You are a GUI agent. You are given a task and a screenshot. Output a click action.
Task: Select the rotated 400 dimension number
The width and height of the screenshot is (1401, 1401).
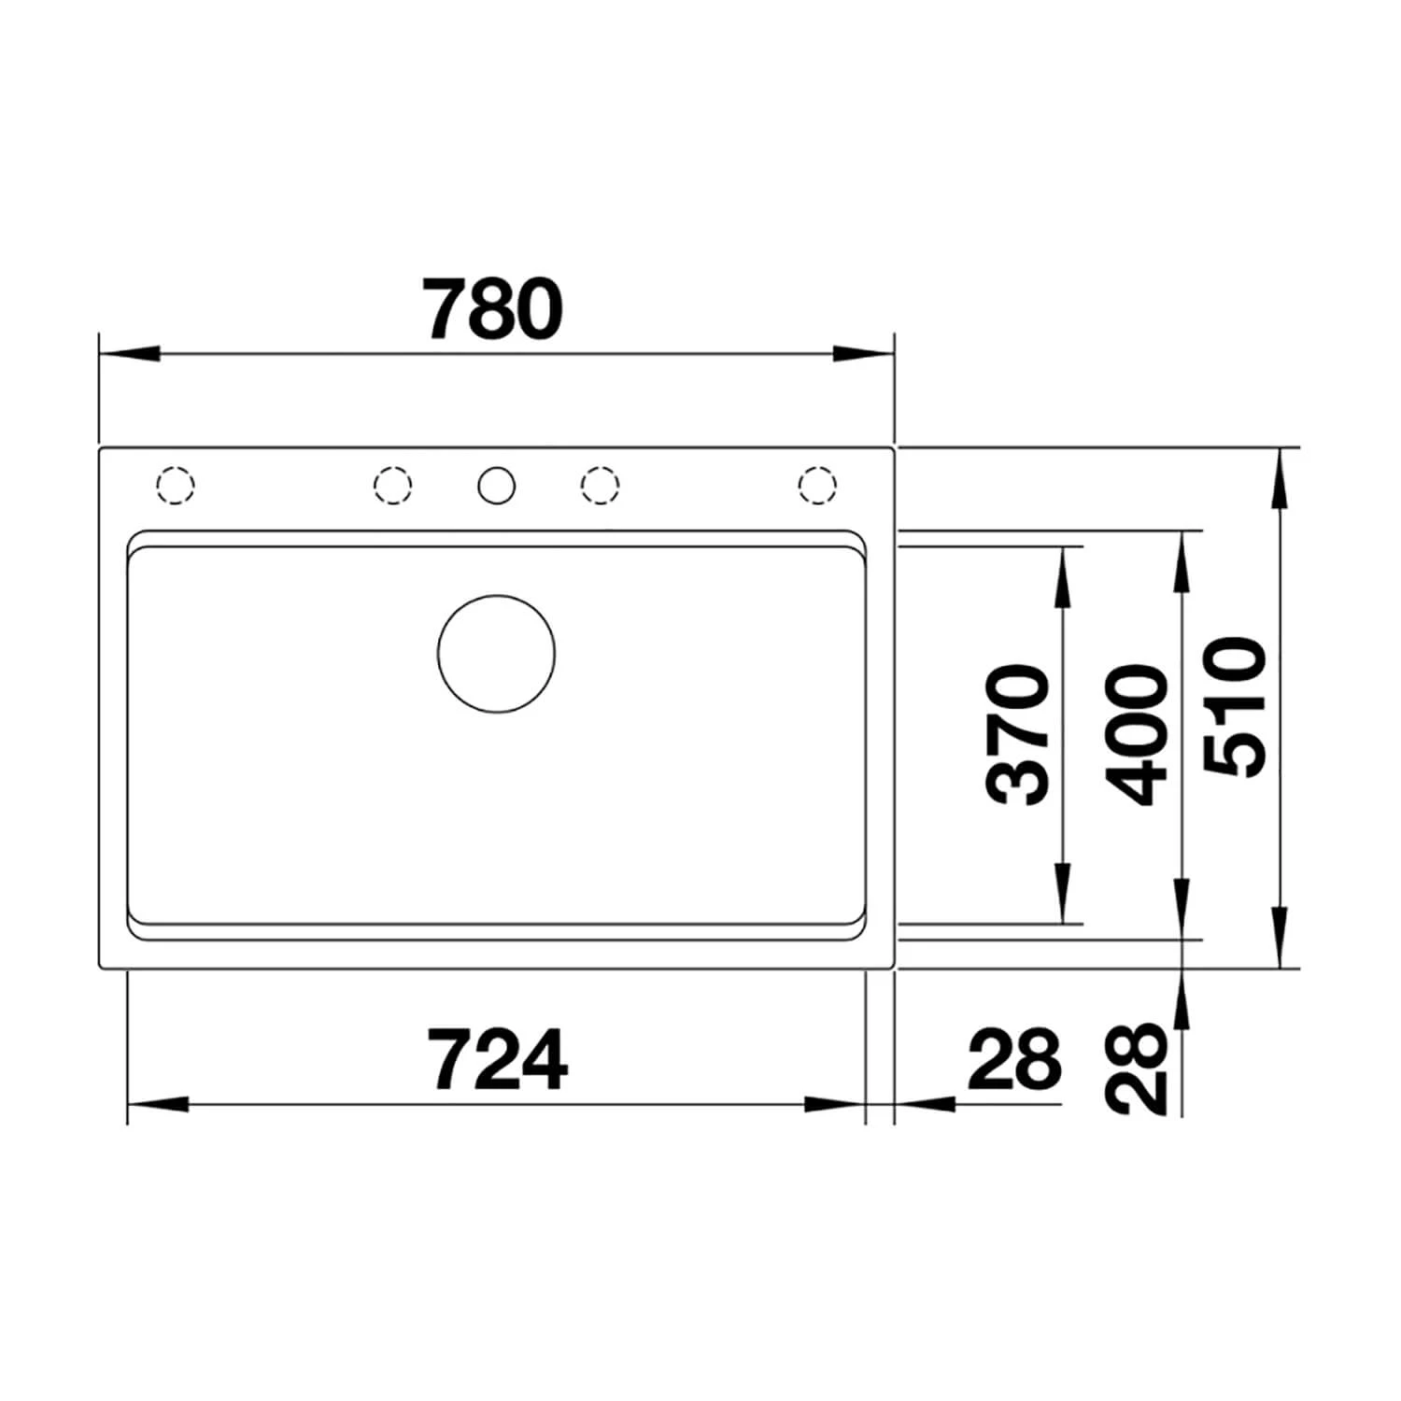coord(1136,735)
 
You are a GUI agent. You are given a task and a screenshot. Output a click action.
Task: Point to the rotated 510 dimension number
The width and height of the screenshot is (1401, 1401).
coord(1235,707)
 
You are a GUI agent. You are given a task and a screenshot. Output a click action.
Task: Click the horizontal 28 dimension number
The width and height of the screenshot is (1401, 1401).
coord(1014,1060)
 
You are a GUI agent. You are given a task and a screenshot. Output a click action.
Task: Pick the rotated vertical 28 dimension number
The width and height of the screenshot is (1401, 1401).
coord(1138,1068)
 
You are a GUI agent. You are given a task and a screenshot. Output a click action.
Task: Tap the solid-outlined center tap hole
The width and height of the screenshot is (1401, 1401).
coord(496,486)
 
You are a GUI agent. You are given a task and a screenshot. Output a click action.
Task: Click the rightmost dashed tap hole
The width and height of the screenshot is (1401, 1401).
coord(817,486)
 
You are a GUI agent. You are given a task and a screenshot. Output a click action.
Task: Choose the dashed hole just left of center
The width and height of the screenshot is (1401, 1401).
coord(392,486)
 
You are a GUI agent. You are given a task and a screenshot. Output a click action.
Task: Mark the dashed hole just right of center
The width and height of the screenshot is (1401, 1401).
coord(600,486)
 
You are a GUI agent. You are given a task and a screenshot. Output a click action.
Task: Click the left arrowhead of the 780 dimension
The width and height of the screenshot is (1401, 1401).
coord(126,355)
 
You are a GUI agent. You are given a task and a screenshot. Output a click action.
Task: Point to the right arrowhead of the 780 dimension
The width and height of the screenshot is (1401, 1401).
coord(864,355)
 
